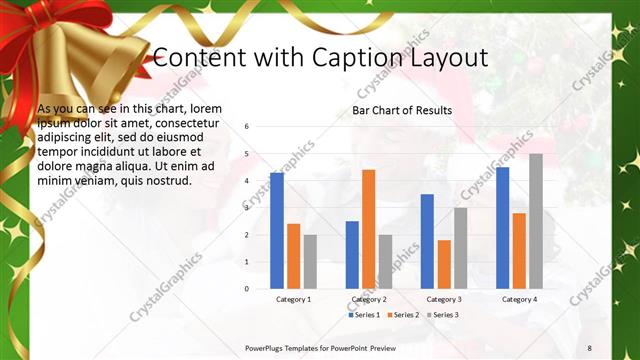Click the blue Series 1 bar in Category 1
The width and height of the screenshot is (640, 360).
276,230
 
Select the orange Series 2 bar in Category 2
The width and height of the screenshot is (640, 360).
368,229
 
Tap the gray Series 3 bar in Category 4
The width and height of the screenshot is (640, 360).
536,221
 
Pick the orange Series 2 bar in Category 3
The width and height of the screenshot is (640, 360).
444,264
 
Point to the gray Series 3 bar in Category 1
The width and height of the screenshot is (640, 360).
310,261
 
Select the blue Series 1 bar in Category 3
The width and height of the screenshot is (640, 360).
427,241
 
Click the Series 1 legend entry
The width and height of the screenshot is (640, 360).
364,315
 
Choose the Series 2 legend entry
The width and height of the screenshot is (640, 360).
402,315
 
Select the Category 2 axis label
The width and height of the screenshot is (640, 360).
369,299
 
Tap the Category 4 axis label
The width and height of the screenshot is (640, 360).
519,299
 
